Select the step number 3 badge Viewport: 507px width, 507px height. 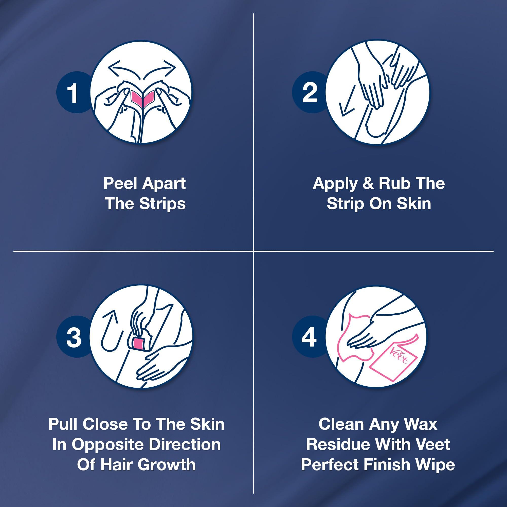tap(74, 337)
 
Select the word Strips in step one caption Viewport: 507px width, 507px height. tap(162, 204)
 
